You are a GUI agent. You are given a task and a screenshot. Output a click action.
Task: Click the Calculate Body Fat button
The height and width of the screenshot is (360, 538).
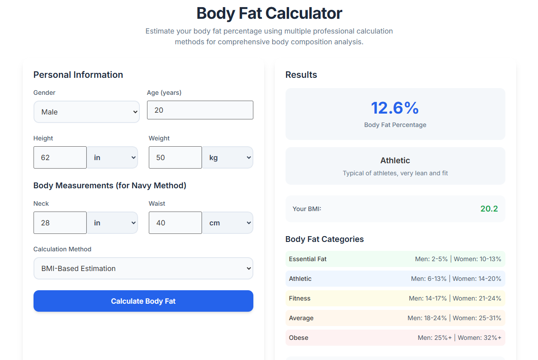point(143,301)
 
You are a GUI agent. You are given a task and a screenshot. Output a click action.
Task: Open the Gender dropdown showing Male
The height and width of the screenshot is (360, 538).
point(86,112)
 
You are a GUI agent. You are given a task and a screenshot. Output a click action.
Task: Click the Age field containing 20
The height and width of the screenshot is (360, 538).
point(200,110)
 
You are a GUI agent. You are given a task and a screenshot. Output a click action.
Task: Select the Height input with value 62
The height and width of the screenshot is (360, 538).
point(60,157)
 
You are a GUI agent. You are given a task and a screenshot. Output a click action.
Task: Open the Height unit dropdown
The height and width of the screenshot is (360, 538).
point(112,157)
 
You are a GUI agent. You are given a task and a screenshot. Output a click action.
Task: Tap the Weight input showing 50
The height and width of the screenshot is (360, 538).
point(175,157)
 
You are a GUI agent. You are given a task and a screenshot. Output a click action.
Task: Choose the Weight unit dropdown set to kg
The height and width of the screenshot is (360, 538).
point(228,157)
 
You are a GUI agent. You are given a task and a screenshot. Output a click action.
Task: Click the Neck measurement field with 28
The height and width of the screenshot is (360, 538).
point(60,223)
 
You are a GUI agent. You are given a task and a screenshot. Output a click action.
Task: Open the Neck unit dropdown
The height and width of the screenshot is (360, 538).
point(112,223)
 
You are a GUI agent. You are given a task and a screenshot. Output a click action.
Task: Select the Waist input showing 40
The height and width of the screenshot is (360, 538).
point(175,223)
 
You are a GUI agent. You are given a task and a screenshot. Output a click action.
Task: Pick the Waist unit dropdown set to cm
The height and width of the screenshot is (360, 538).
point(228,223)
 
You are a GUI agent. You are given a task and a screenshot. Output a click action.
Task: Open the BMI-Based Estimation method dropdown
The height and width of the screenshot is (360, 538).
point(143,268)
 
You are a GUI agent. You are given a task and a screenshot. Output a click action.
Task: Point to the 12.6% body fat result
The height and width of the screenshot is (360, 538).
point(395,108)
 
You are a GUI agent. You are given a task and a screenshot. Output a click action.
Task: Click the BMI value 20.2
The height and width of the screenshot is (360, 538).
point(489,209)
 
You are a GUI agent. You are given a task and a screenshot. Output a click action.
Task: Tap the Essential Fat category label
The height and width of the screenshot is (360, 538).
point(308,259)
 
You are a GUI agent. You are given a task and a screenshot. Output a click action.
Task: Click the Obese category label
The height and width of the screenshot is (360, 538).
point(298,338)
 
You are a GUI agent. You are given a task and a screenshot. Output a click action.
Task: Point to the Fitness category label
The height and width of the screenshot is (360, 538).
point(299,298)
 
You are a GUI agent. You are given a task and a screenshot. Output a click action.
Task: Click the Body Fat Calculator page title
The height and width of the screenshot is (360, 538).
point(269,13)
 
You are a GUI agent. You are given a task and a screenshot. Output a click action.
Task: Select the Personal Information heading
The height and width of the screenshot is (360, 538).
point(78,75)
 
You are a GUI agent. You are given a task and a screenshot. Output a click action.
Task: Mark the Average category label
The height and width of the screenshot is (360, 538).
point(301,318)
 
